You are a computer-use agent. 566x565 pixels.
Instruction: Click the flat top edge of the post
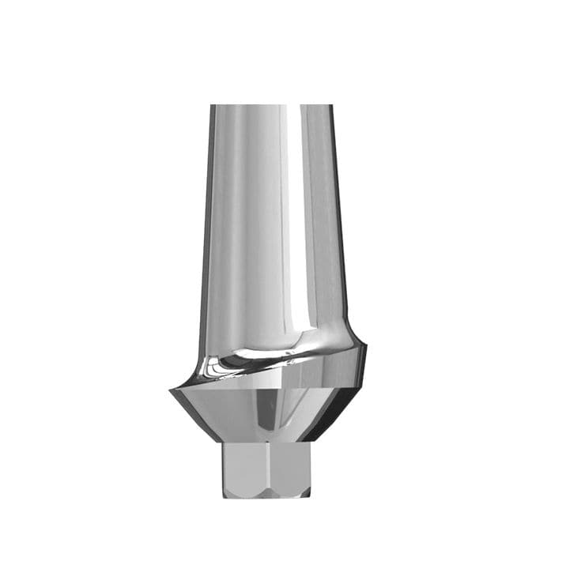(271, 105)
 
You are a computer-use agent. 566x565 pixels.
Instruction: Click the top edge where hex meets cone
(266, 443)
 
